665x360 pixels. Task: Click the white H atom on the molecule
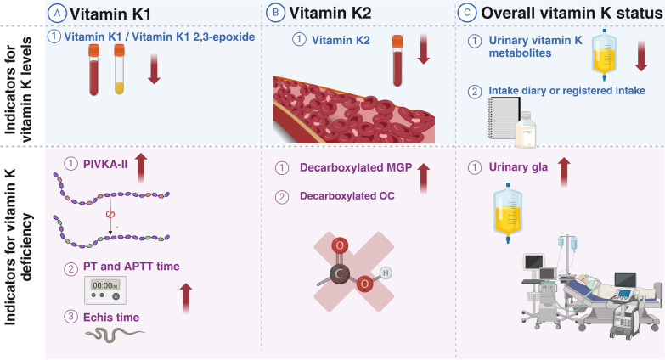pos(385,273)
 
